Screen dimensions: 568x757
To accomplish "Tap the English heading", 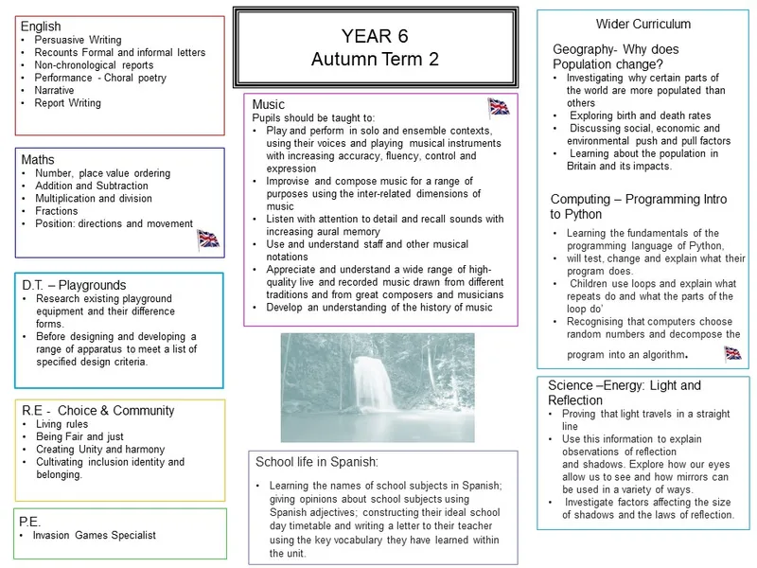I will click(x=41, y=27).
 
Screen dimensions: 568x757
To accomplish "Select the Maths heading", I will click(x=39, y=160).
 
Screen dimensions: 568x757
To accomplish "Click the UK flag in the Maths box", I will click(x=208, y=238).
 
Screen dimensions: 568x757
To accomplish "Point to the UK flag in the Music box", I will click(x=499, y=106).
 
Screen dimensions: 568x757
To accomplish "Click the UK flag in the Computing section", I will click(x=732, y=353).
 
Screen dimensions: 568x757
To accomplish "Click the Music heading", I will click(x=269, y=104).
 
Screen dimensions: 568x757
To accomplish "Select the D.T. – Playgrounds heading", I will click(x=73, y=285).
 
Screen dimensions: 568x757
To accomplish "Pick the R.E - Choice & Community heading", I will click(x=97, y=410).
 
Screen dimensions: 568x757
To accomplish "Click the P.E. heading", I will click(x=35, y=521).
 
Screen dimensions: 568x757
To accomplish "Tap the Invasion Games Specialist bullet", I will click(x=94, y=536).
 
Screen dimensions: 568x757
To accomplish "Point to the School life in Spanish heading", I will click(x=317, y=461).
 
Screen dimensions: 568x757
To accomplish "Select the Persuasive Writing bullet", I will click(x=78, y=41).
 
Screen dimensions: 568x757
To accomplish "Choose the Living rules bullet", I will click(x=63, y=425).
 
